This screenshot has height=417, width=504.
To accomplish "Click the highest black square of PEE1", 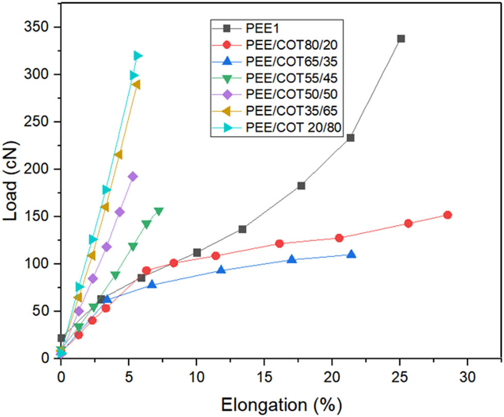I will coord(401,39).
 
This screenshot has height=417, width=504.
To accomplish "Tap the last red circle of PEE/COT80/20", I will coord(447,215).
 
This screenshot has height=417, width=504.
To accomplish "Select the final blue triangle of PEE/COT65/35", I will coord(351,254).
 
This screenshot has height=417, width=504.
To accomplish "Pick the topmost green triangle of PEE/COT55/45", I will coord(159,211).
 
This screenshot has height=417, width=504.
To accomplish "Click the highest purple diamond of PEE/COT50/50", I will coord(133,177).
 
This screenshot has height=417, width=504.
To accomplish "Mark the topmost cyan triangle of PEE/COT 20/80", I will coord(137,56).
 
